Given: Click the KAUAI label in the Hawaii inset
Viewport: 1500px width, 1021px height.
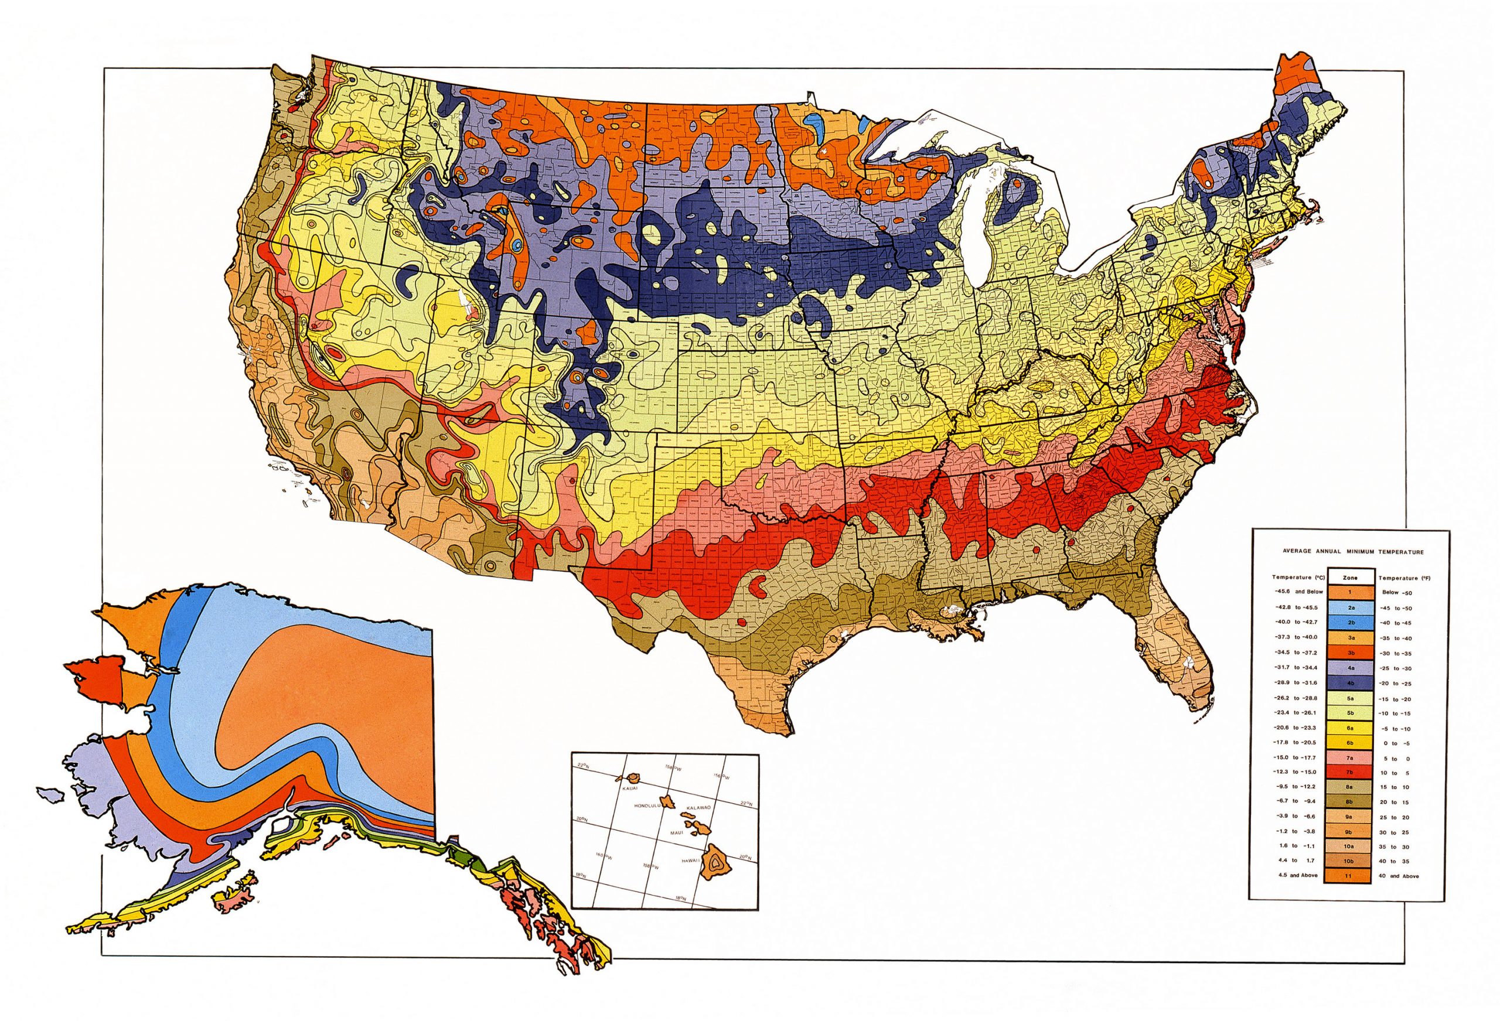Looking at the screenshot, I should point(630,788).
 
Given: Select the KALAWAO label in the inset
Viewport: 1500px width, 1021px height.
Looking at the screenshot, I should point(699,808).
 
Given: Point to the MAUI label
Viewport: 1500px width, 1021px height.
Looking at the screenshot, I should point(678,833).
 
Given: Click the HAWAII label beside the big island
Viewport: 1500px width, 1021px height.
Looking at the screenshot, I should point(691,861).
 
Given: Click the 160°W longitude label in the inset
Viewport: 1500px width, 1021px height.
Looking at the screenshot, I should point(604,856).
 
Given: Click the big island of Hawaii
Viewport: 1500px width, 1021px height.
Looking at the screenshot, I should point(715,863).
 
